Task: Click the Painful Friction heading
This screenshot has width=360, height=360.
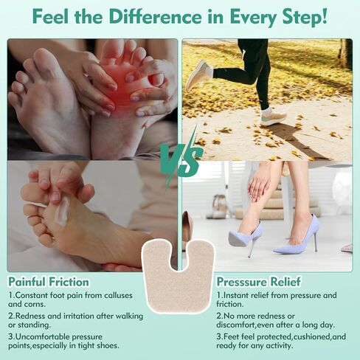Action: point(49,281)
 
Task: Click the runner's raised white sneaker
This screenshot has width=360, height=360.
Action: point(198,75)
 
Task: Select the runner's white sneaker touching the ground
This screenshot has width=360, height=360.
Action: point(273,116)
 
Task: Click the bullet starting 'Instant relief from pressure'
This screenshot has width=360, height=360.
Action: point(277,300)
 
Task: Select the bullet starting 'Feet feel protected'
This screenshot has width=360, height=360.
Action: point(280,340)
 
